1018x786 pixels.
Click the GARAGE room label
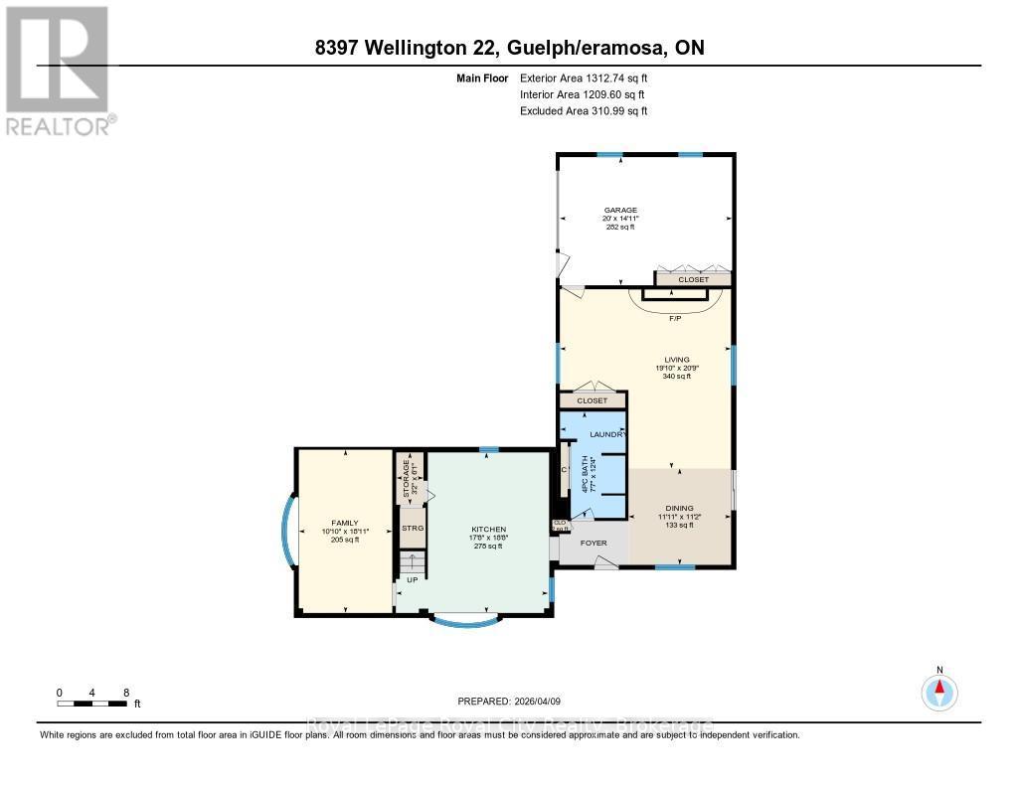(619, 210)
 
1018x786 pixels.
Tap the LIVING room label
(677, 360)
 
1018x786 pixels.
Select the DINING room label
(679, 508)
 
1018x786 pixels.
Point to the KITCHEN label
(489, 529)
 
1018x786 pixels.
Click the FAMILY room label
(344, 523)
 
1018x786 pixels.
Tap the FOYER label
(594, 544)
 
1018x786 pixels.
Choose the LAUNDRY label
(606, 435)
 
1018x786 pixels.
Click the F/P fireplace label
(675, 318)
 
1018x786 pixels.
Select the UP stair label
(411, 578)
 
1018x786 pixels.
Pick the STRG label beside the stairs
(413, 528)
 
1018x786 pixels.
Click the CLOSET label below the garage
(693, 280)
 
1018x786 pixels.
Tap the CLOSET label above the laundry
(592, 400)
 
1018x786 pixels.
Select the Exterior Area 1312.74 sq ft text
(584, 78)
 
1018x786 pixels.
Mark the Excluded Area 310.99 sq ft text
(584, 111)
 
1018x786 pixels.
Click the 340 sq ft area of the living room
(677, 377)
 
